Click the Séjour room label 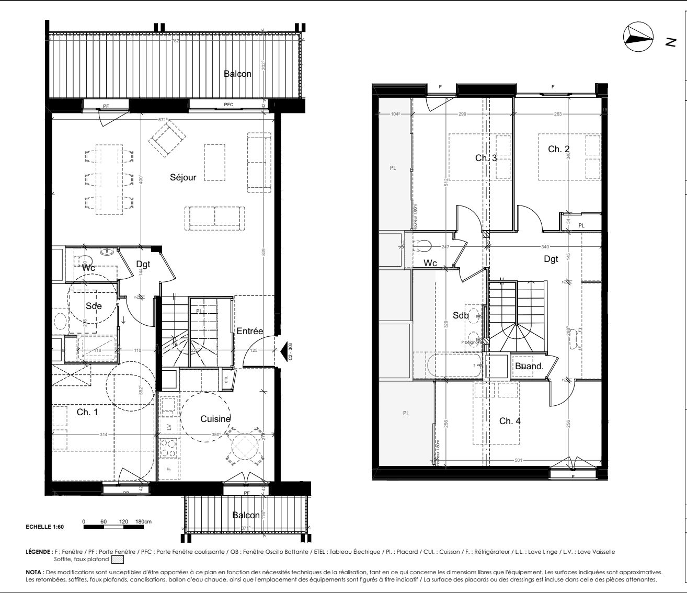[183, 178]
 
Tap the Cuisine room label [215, 418]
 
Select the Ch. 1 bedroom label [87, 412]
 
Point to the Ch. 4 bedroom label [510, 421]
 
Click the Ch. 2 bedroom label [558, 150]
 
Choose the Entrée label [249, 331]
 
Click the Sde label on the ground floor [94, 306]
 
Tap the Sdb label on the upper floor [461, 316]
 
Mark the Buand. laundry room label [530, 367]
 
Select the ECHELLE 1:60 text [44, 527]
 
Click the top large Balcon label [237, 74]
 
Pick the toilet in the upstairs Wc [423, 245]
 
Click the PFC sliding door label [228, 105]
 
